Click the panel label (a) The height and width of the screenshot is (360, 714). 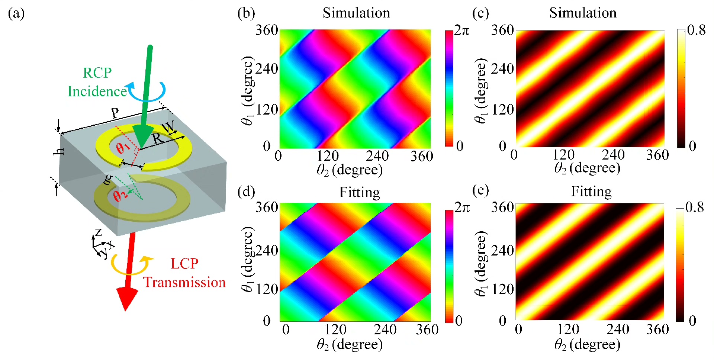[x=16, y=14]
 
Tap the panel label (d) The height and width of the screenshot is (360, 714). [x=246, y=192]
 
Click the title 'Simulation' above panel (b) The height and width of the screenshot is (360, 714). [x=356, y=13]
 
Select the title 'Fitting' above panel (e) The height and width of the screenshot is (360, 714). [x=591, y=192]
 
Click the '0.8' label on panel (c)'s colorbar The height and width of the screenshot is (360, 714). [x=697, y=30]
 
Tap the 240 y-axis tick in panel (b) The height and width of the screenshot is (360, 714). [x=267, y=69]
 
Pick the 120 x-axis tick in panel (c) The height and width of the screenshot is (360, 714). [x=563, y=155]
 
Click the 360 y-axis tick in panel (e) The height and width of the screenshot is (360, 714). [x=502, y=207]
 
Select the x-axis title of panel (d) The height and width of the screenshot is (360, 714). [x=350, y=345]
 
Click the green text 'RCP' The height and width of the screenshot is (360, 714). [x=97, y=73]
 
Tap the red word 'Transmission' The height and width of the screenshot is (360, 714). [x=184, y=282]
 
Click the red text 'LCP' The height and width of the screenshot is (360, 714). [x=184, y=264]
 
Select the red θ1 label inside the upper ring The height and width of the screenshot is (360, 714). [x=123, y=148]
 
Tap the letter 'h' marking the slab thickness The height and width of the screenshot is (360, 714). [x=59, y=151]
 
